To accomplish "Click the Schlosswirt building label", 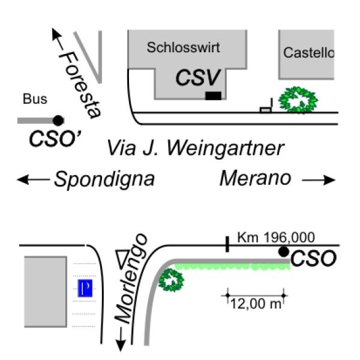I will [184, 47].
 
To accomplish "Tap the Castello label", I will [308, 53].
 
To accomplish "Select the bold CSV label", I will [199, 77].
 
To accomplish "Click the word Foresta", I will [80, 84].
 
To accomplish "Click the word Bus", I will [35, 100].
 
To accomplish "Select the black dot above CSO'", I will [58, 120].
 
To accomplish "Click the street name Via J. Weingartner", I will [195, 148].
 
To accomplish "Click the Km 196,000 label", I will [276, 238].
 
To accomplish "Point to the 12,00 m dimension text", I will [256, 304].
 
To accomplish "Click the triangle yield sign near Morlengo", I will [123, 259].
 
